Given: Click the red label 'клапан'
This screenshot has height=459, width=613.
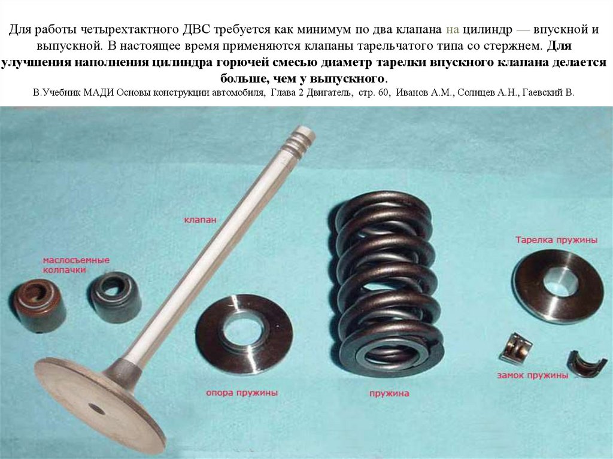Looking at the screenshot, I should pos(199,220).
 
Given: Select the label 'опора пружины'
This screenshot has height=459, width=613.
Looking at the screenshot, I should pos(242,393).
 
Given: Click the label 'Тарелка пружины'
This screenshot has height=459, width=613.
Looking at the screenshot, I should pos(556,240).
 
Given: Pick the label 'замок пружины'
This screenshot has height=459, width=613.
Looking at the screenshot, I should pos(532,375).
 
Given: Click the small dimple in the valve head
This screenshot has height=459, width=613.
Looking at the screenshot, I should pos(96,409).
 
